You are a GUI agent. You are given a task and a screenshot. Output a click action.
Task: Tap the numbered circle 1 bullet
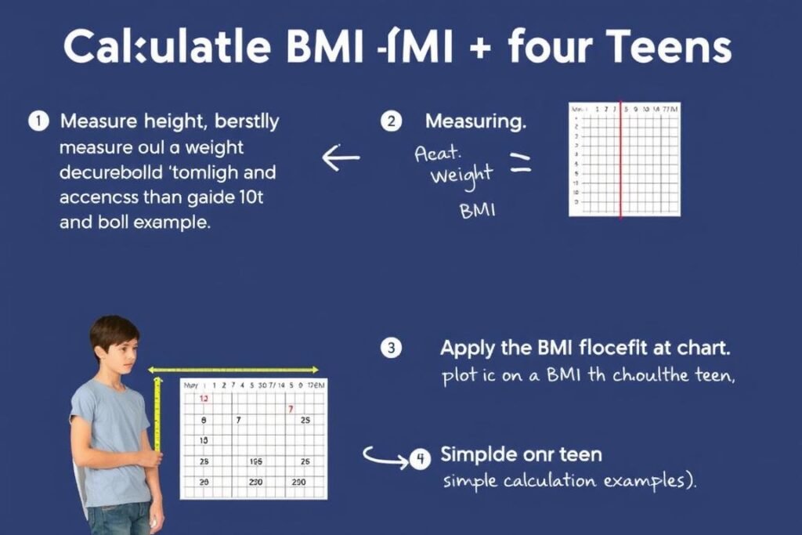click(37, 121)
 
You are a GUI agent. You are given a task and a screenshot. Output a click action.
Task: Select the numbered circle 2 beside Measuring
click(390, 121)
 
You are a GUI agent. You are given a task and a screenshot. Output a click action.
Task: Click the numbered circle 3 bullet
click(390, 348)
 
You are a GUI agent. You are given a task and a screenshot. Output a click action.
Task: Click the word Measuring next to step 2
click(475, 121)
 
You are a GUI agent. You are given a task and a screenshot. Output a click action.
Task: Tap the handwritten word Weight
click(461, 174)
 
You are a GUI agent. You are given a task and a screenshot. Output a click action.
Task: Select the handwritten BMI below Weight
click(478, 211)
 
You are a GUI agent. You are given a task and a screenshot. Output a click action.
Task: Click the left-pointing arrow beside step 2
click(341, 157)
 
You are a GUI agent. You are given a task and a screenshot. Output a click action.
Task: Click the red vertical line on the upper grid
click(620, 161)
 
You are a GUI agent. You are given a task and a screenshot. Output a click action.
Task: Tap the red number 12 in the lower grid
click(204, 399)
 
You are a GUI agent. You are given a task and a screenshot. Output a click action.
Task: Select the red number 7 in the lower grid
click(291, 409)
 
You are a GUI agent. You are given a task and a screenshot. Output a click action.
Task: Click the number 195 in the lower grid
click(255, 462)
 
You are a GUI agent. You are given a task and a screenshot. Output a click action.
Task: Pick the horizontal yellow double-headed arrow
click(233, 370)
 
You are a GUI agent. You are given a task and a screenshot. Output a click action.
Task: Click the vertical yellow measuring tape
click(157, 415)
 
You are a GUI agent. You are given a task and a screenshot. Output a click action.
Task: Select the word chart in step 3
click(708, 348)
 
